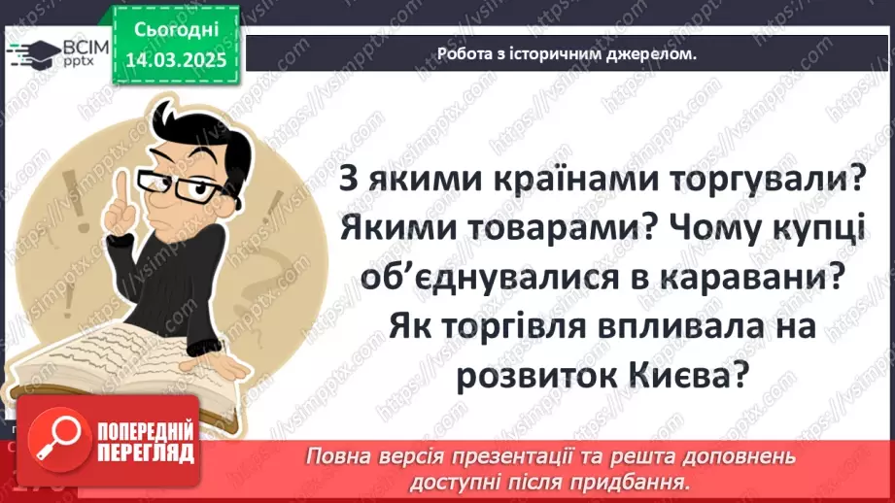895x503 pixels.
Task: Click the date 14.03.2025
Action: pyautogui.click(x=174, y=58)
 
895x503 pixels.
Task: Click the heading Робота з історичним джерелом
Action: pyautogui.click(x=567, y=55)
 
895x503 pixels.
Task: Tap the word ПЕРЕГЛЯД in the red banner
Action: pyautogui.click(x=146, y=453)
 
